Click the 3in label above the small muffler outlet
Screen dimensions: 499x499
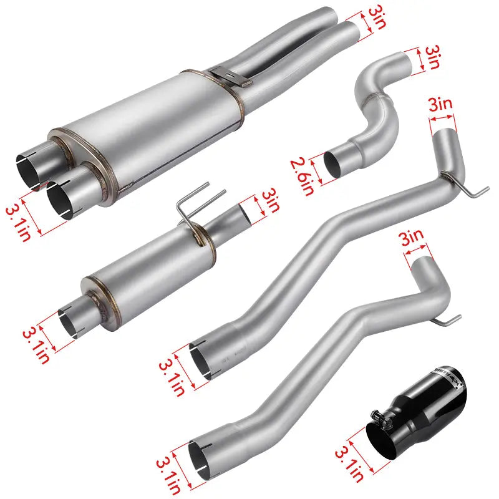[x=269, y=201]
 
